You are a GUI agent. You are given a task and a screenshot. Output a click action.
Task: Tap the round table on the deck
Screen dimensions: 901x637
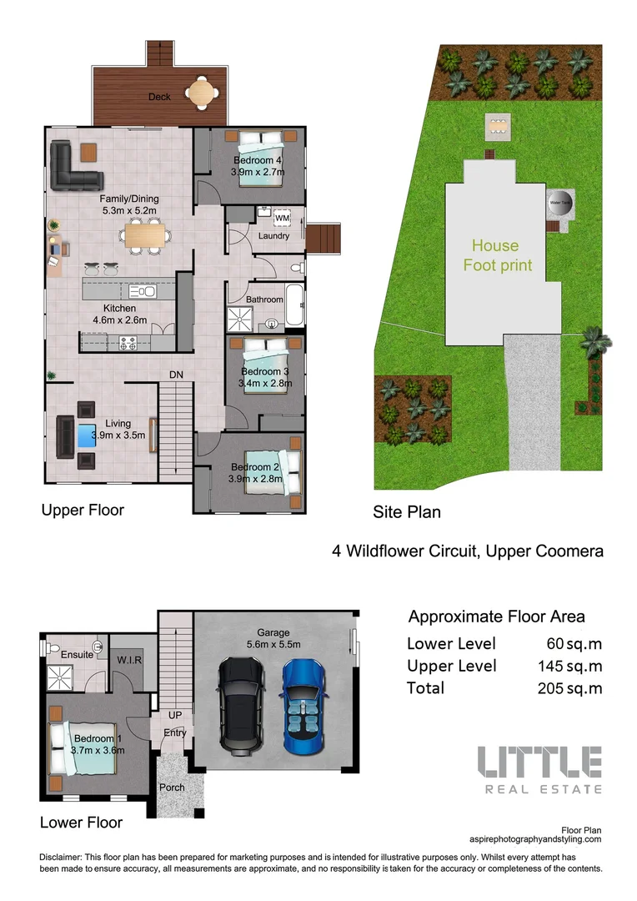pyautogui.click(x=201, y=93)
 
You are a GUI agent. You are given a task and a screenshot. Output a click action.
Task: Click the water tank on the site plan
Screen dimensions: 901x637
pyautogui.click(x=559, y=203)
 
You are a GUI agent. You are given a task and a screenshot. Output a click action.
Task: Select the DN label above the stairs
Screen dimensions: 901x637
pyautogui.click(x=176, y=375)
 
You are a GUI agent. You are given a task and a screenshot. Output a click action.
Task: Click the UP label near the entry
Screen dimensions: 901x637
pyautogui.click(x=175, y=716)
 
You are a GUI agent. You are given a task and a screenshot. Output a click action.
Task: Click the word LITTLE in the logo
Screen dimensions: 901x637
pyautogui.click(x=539, y=763)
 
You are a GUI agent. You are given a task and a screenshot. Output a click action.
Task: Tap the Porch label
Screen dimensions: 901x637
pyautogui.click(x=173, y=788)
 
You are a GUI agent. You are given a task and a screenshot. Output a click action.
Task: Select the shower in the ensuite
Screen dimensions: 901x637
pyautogui.click(x=59, y=677)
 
